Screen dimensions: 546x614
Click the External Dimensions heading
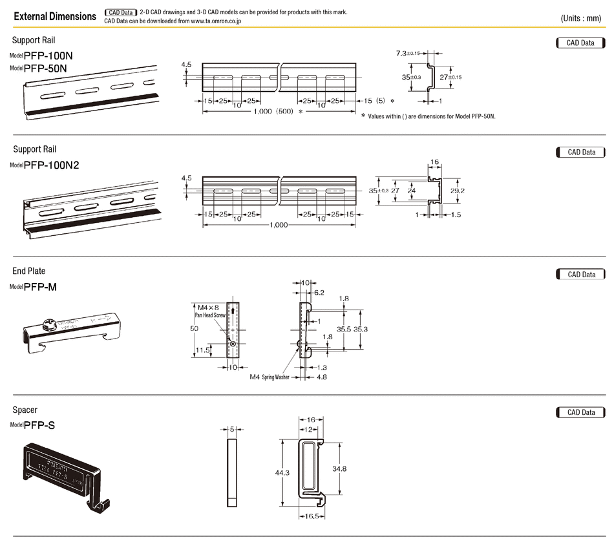pyautogui.click(x=55, y=16)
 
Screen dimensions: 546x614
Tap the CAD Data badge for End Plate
pyautogui.click(x=580, y=275)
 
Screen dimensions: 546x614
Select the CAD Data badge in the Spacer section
pyautogui.click(x=580, y=412)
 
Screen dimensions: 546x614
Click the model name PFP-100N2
pyautogui.click(x=52, y=165)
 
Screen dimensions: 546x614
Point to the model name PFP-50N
pyautogui.click(x=45, y=67)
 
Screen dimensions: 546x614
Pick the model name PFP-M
pyautogui.click(x=40, y=286)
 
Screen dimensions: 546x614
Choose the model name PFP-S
pyautogui.click(x=39, y=425)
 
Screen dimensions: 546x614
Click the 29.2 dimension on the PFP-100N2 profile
pyautogui.click(x=456, y=191)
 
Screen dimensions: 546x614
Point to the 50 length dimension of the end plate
pyautogui.click(x=194, y=329)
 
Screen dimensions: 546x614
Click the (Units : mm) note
pyautogui.click(x=581, y=18)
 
